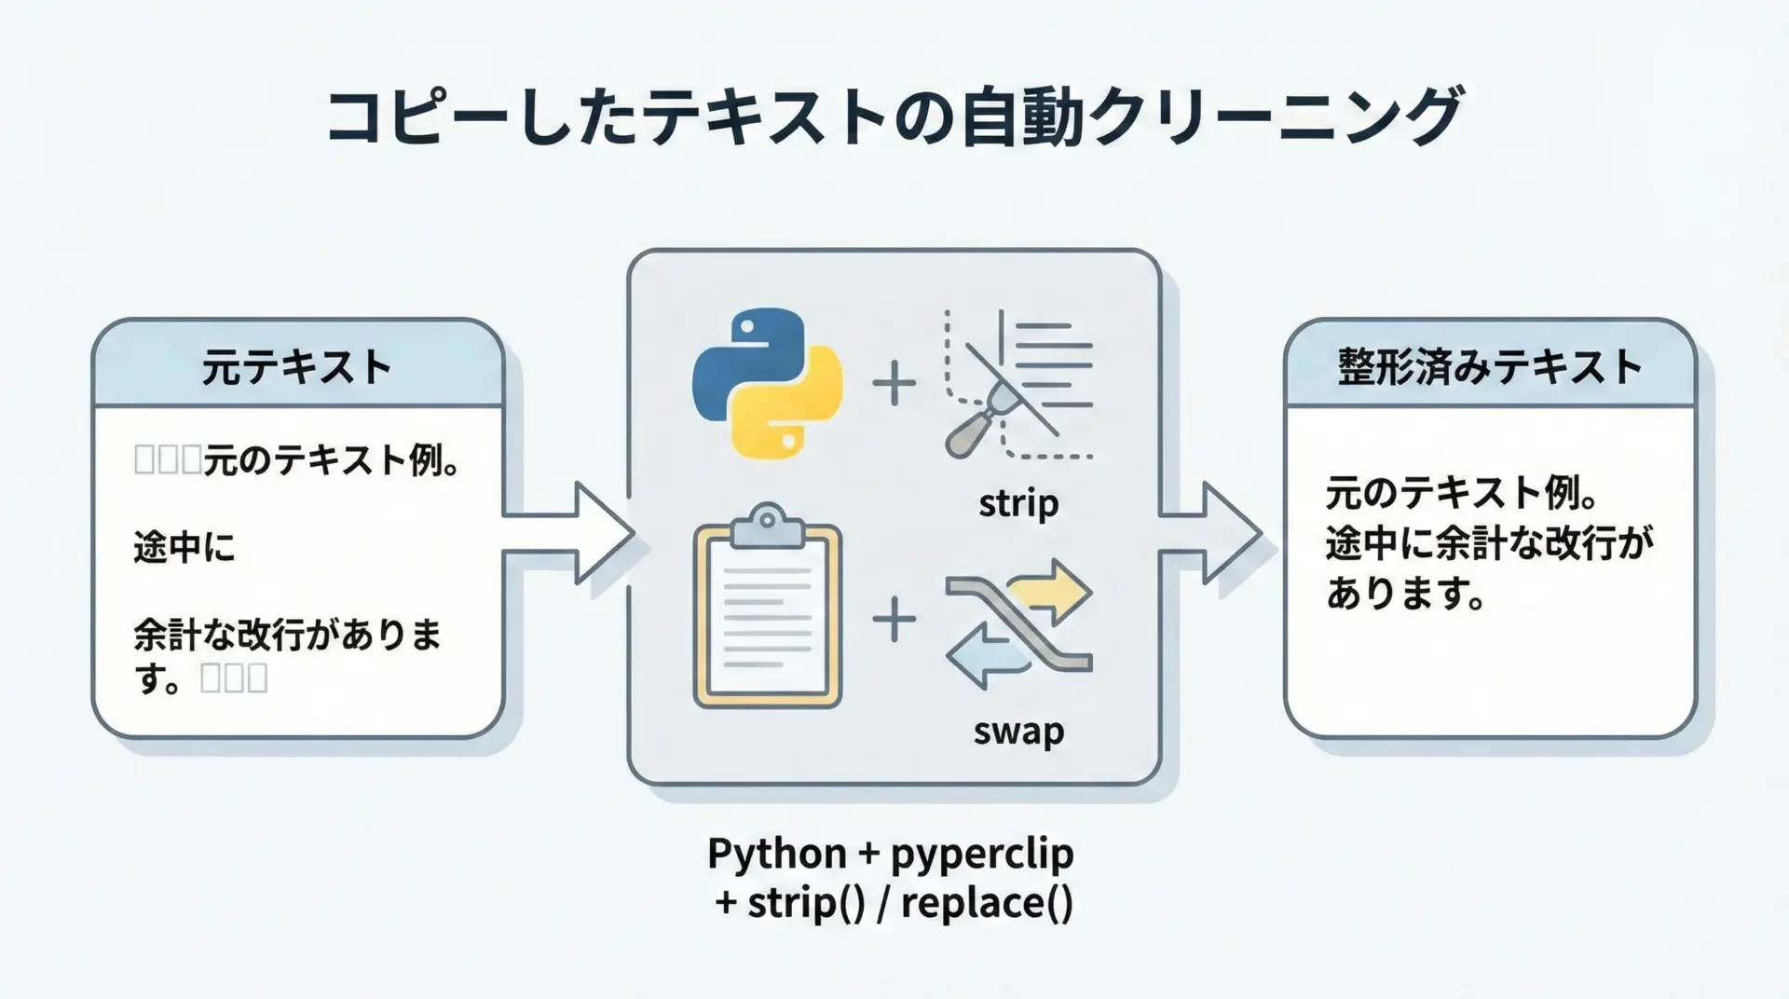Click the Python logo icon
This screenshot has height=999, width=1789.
[x=767, y=383]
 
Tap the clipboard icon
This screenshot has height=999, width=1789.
[x=768, y=609]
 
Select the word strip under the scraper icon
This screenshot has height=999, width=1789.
[x=1018, y=504]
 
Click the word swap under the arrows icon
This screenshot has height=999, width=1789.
[x=1018, y=731]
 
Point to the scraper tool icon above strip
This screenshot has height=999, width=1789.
[x=1018, y=384]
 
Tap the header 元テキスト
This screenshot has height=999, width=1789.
[x=297, y=366]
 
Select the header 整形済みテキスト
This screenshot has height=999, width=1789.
[x=1489, y=366]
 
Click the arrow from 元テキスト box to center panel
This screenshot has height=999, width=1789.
[x=568, y=534]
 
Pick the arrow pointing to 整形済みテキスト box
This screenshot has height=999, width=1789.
[x=1211, y=534]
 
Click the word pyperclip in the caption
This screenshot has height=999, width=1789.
[x=982, y=854]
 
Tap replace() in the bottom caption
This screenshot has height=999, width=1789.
[x=987, y=903]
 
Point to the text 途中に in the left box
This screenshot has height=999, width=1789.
[x=184, y=548]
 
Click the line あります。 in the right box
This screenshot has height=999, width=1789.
[x=1405, y=593]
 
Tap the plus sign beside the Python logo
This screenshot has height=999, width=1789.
[x=894, y=384]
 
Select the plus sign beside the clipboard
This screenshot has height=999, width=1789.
[x=894, y=621]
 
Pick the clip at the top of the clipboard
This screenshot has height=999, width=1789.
[x=767, y=526]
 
